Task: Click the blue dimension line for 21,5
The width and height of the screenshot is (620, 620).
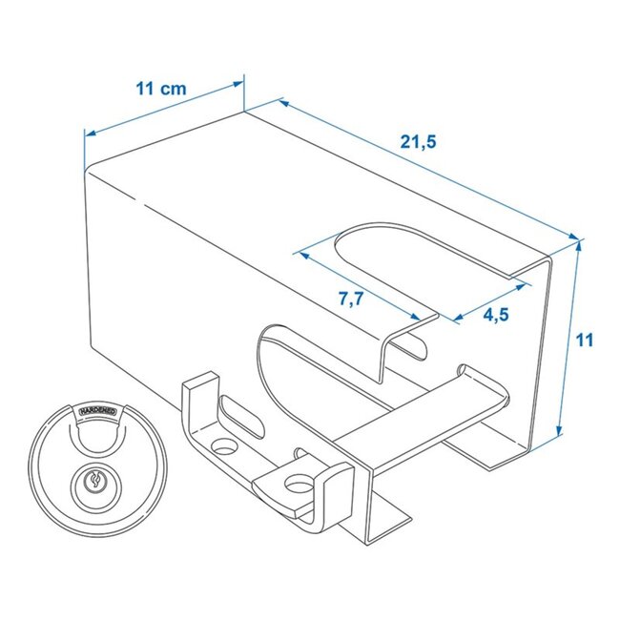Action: pyautogui.click(x=429, y=168)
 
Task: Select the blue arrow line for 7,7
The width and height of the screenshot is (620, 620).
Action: pyautogui.click(x=362, y=284)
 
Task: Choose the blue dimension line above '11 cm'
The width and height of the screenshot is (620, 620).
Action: pyautogui.click(x=162, y=110)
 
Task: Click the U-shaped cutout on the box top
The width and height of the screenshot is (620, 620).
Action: pyautogui.click(x=382, y=248)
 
